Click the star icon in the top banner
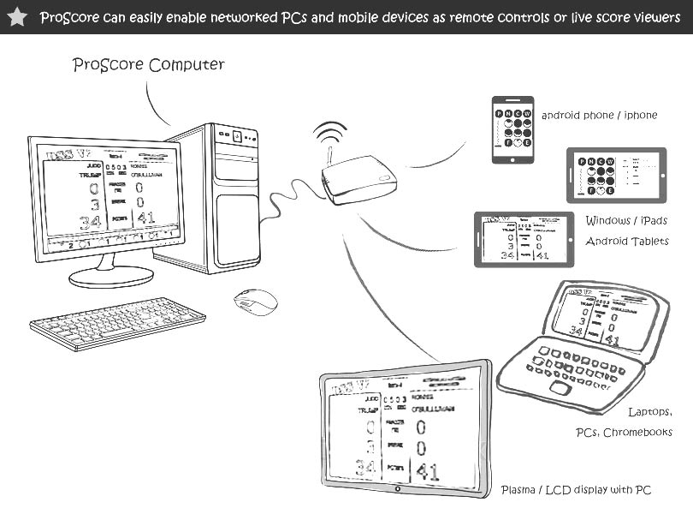coord(16,17)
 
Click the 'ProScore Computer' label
coord(149,65)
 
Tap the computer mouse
coord(256,302)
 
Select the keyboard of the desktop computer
coord(117,323)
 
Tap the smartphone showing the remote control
coord(512,128)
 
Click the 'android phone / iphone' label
coord(599,115)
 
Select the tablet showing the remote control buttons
coord(616,176)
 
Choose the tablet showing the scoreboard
coord(524,239)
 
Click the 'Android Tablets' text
coord(627,242)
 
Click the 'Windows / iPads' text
coord(626,221)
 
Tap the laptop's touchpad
coord(560,388)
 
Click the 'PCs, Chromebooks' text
coord(624,433)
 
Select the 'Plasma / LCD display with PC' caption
coord(576,490)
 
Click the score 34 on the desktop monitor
coord(90,222)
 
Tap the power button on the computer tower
coord(236,134)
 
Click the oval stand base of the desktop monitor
coord(111,276)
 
